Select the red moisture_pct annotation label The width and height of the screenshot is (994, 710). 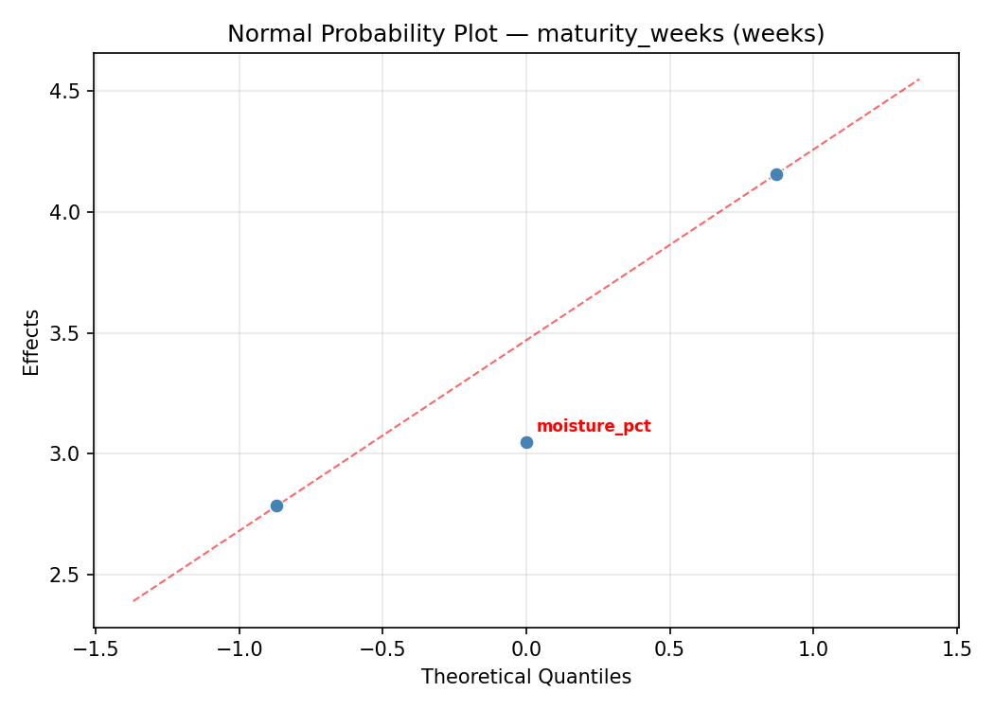click(594, 426)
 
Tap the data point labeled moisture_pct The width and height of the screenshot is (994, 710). click(526, 442)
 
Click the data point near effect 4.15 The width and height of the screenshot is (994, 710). click(776, 174)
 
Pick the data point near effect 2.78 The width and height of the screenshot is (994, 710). click(276, 506)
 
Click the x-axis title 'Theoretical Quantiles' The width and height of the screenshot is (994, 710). click(526, 677)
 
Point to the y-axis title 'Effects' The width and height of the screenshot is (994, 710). click(32, 342)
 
